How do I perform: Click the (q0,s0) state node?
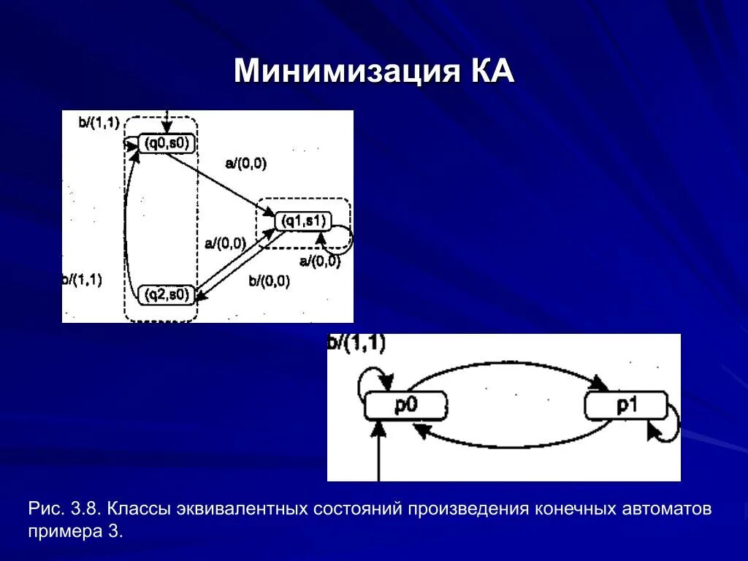click(x=167, y=143)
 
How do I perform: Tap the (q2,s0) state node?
click(x=167, y=294)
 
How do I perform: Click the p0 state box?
click(x=405, y=405)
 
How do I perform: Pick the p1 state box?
click(x=626, y=405)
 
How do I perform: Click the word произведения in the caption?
click(x=466, y=508)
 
